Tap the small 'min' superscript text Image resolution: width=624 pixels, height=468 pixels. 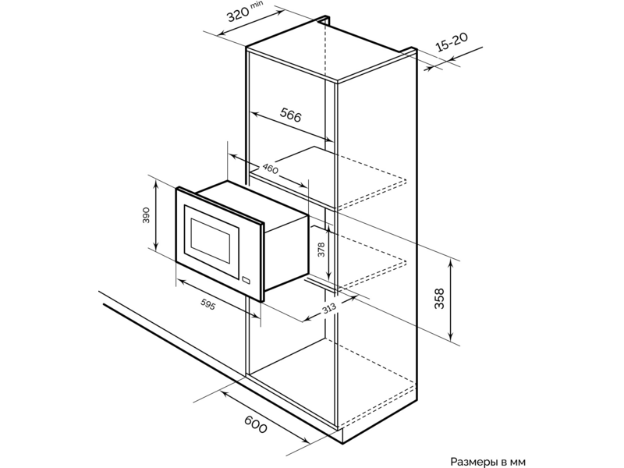[x=257, y=5]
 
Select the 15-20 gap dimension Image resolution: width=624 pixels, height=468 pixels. [x=452, y=42]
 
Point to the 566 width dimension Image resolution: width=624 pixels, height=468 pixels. [x=290, y=115]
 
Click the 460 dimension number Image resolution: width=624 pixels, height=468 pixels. [x=270, y=168]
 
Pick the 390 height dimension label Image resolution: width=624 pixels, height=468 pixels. [x=146, y=215]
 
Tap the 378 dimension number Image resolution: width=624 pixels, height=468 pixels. [x=321, y=250]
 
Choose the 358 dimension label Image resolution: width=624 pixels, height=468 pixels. [x=439, y=299]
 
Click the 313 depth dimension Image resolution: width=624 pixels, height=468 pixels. [x=329, y=308]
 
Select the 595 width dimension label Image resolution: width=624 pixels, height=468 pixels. [x=207, y=304]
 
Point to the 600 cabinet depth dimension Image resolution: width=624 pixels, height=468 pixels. [x=255, y=424]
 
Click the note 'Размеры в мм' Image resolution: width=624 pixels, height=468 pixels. [x=488, y=462]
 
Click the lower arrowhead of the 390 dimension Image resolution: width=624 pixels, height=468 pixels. [x=156, y=244]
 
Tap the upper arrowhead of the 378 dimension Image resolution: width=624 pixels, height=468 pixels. [x=328, y=229]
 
